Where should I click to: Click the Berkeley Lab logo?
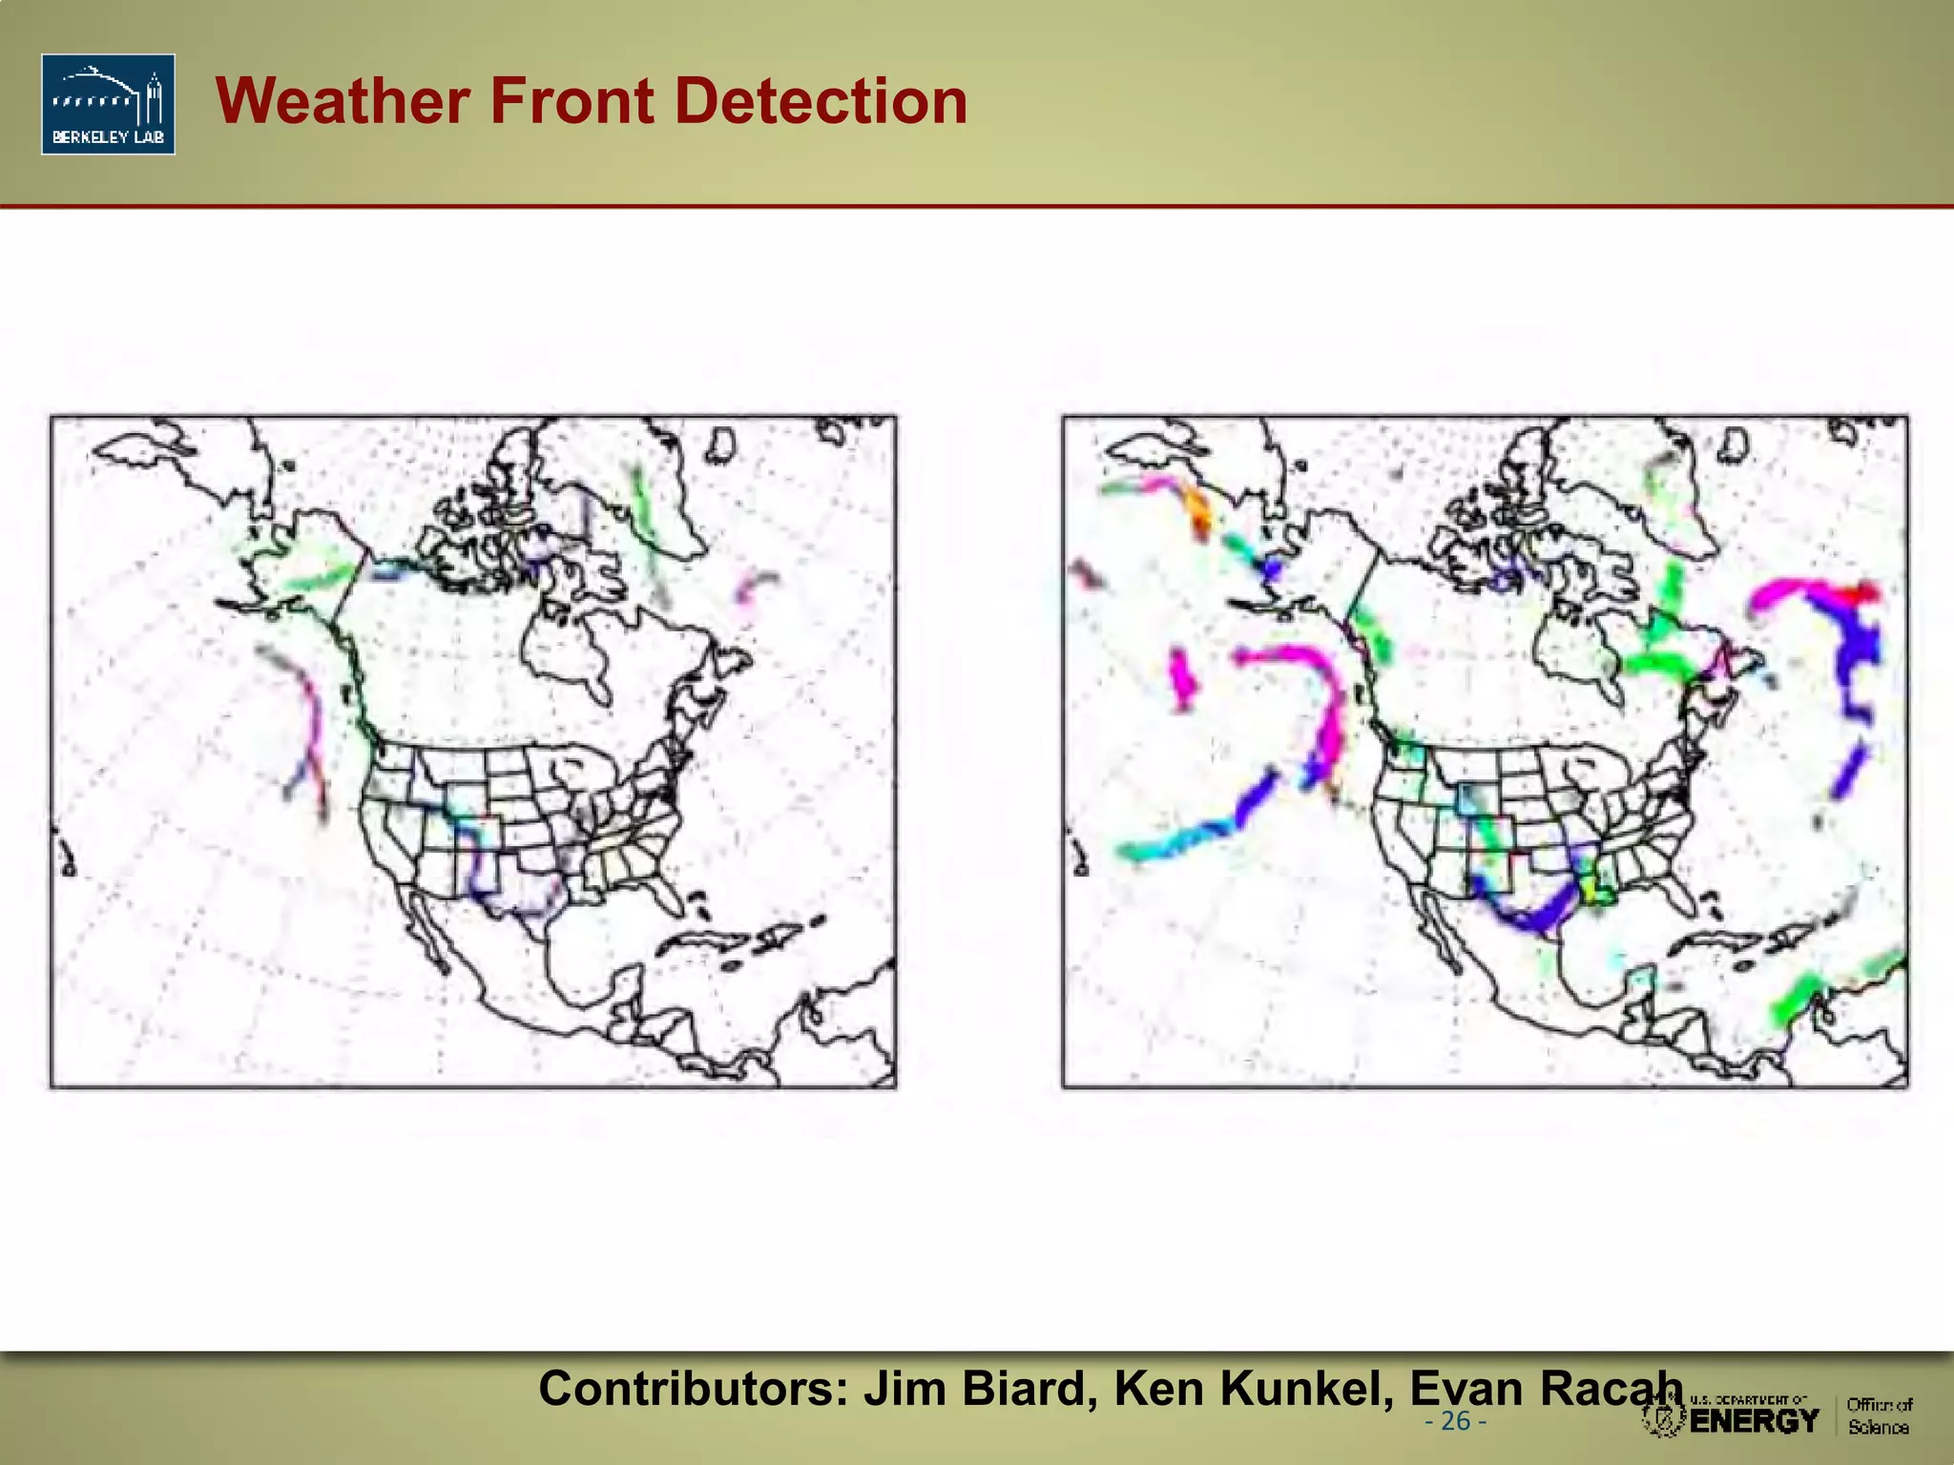108,104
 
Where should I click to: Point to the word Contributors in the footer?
694,1388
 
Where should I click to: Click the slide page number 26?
1455,1421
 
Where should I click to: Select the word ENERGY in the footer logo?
1755,1421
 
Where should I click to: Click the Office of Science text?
1879,1415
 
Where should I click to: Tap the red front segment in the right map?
1861,593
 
